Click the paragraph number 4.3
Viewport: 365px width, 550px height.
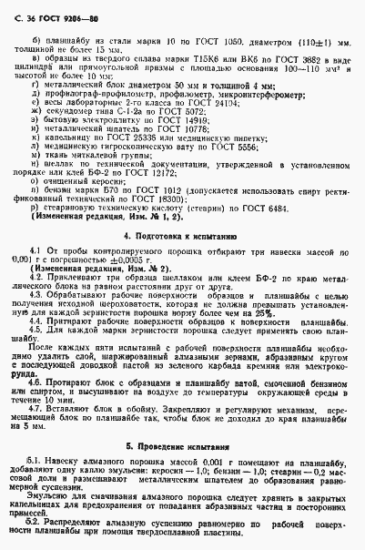pos(38,295)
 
